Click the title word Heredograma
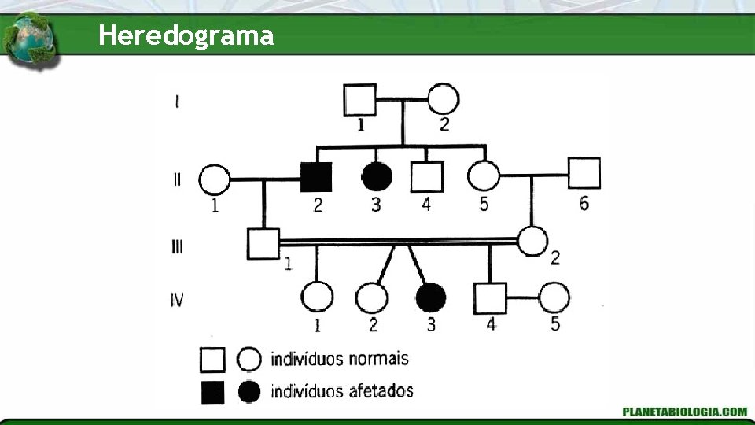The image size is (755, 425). point(186,35)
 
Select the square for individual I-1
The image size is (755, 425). point(359,100)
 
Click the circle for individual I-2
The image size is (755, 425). point(443,100)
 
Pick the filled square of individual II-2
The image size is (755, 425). point(316,177)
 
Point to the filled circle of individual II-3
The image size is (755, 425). point(377,177)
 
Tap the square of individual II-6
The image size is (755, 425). point(584,173)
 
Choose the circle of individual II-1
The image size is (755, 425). point(215,179)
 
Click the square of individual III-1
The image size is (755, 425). point(263,243)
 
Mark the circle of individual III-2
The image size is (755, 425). point(533,241)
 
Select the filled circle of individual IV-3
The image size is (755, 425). point(430,297)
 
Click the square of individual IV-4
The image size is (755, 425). point(490,297)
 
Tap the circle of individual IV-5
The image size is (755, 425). point(554,297)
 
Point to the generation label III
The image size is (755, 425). point(177,246)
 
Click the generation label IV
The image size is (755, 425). point(178,299)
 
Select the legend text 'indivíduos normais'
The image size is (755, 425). point(340,359)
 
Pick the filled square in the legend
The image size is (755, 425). point(212,391)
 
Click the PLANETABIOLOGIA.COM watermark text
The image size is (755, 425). point(684,412)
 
